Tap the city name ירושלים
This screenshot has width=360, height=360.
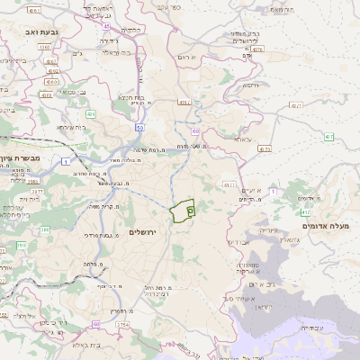coord(142,232)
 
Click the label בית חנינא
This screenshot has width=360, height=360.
coord(130,96)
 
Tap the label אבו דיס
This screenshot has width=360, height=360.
coord(238,242)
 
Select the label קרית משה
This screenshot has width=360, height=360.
coord(105,207)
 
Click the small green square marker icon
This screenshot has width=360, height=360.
coord(190,210)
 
